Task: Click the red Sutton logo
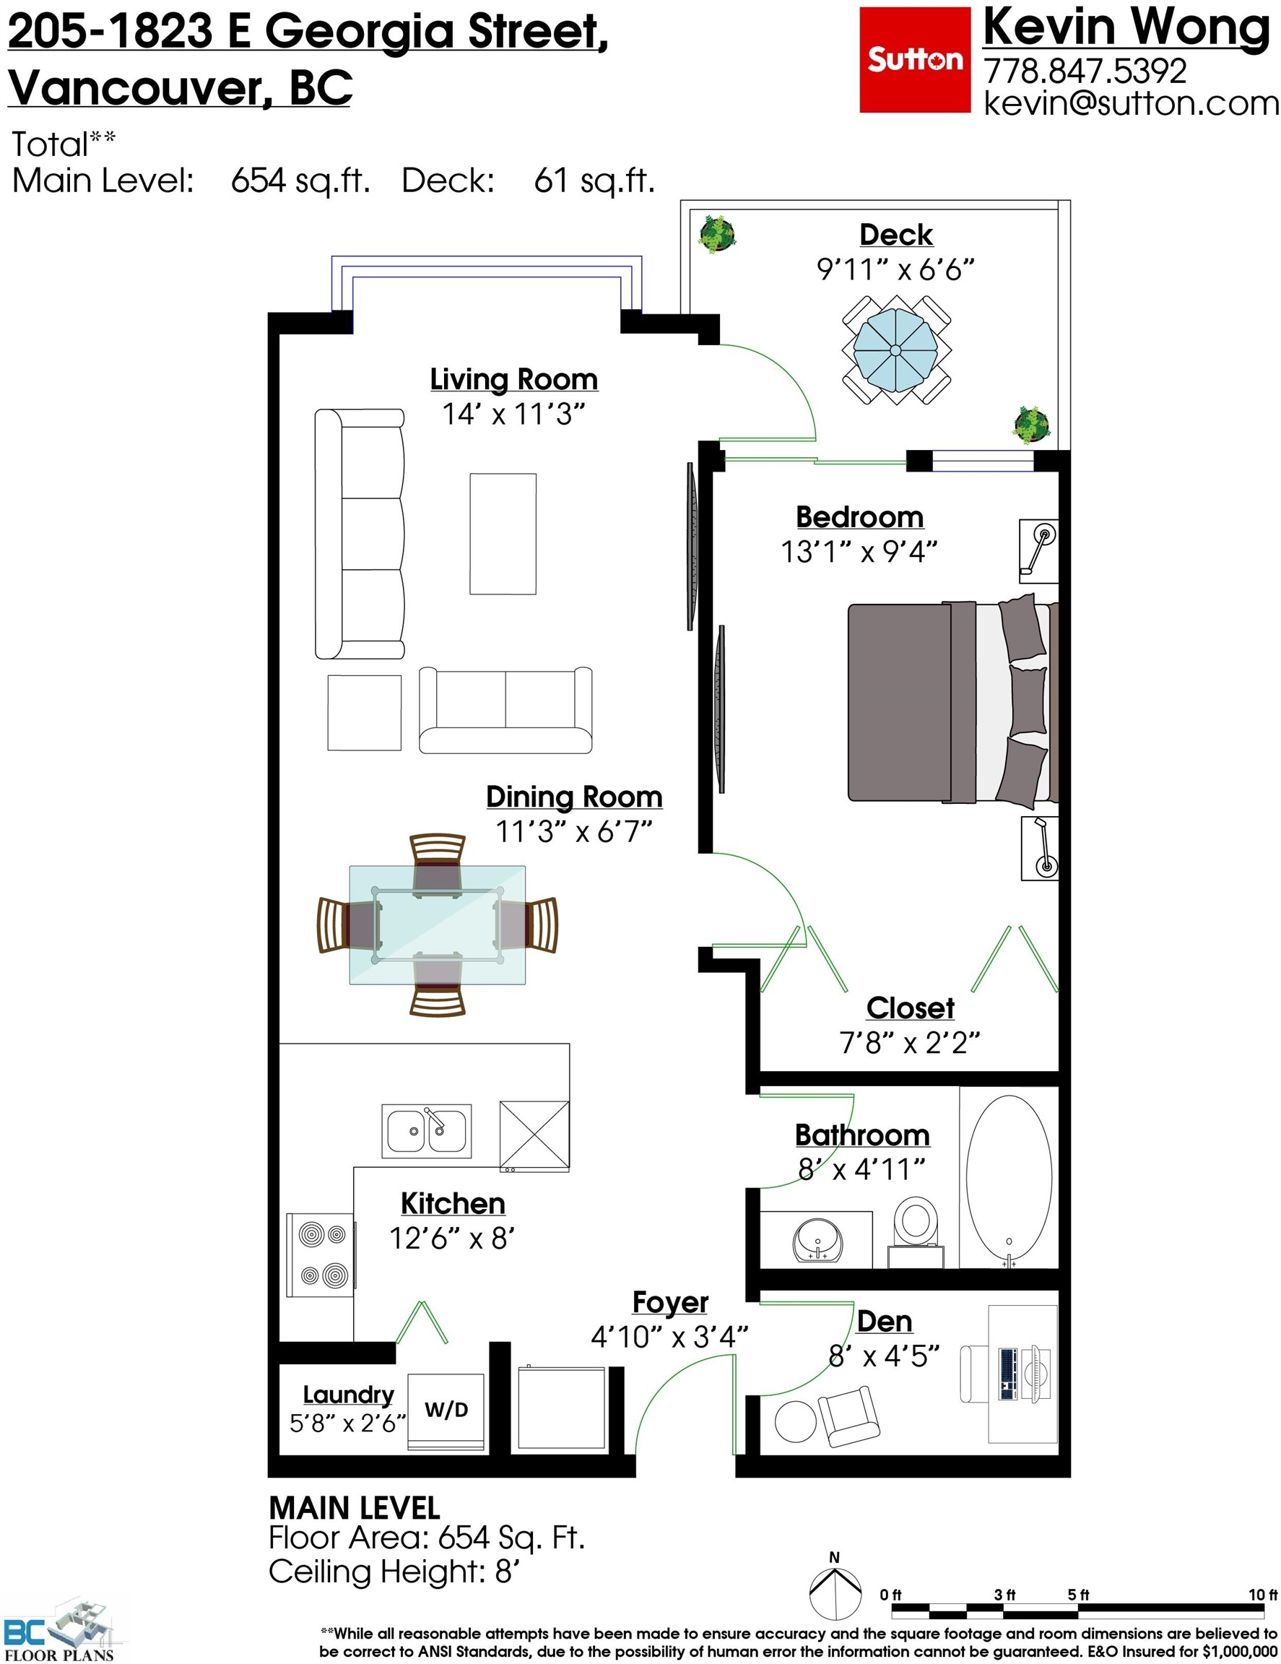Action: click(914, 59)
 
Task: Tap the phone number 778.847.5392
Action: click(1085, 71)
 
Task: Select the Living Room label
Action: click(513, 379)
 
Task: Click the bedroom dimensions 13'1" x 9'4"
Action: click(859, 552)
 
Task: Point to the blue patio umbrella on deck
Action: click(895, 350)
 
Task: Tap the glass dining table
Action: click(436, 924)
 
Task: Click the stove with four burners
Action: click(320, 1254)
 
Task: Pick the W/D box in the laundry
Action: click(446, 1411)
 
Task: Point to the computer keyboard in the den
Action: click(1007, 1374)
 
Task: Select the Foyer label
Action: click(669, 1302)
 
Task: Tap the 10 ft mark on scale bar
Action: click(1262, 1595)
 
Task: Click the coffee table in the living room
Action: click(503, 533)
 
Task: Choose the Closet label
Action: click(909, 1007)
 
